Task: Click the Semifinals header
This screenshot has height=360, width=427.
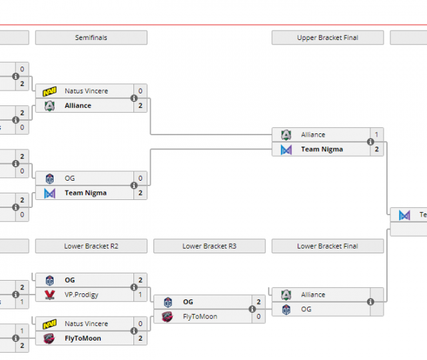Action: pyautogui.click(x=91, y=38)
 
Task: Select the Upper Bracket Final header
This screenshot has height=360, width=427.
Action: pyautogui.click(x=328, y=38)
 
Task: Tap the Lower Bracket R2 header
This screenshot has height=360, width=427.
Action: pyautogui.click(x=91, y=246)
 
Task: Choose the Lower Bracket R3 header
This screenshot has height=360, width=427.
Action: pyautogui.click(x=209, y=246)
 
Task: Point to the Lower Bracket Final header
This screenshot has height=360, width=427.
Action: pyautogui.click(x=328, y=246)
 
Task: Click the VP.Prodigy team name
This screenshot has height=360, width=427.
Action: pyautogui.click(x=79, y=295)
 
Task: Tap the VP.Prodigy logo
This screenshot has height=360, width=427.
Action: pyautogui.click(x=49, y=295)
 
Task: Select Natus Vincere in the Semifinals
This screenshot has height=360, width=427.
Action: pyautogui.click(x=86, y=91)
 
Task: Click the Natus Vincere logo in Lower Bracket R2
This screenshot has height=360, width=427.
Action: pyautogui.click(x=49, y=324)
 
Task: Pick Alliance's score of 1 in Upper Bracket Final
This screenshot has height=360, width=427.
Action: pyautogui.click(x=376, y=135)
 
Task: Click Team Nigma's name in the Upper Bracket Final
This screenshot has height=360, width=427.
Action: pyautogui.click(x=322, y=149)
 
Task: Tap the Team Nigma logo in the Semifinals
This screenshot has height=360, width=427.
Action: pyautogui.click(x=49, y=193)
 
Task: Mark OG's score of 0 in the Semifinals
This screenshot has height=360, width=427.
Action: pyautogui.click(x=140, y=179)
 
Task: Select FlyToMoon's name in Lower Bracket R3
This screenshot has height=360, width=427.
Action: pyautogui.click(x=199, y=317)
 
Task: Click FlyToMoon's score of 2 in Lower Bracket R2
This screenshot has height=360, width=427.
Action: pyautogui.click(x=140, y=339)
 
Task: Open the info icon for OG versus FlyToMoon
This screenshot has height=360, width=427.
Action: pyautogui.click(x=252, y=309)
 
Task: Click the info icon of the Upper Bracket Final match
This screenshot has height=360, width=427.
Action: pyautogui.click(x=370, y=142)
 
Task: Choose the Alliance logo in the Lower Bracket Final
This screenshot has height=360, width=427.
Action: pyautogui.click(x=286, y=295)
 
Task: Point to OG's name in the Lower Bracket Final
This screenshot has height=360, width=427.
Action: pyautogui.click(x=306, y=309)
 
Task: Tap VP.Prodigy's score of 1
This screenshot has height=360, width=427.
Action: pyautogui.click(x=140, y=295)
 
